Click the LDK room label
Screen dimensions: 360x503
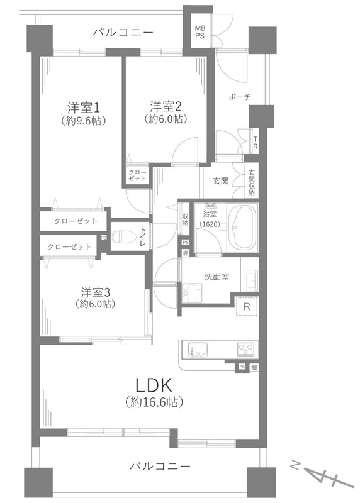pyautogui.click(x=154, y=385)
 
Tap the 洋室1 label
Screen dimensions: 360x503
pyautogui.click(x=83, y=108)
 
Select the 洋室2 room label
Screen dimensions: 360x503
pyautogui.click(x=166, y=106)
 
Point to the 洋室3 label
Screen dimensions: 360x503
pyautogui.click(x=96, y=292)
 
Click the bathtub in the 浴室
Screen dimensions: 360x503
pyautogui.click(x=242, y=227)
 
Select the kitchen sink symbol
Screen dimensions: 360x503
pyautogui.click(x=197, y=350)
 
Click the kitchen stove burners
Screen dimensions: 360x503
pyautogui.click(x=247, y=350)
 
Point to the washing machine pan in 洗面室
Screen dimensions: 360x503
pyautogui.click(x=192, y=292)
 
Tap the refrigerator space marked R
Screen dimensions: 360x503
pyautogui.click(x=247, y=306)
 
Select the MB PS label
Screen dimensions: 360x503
pyautogui.click(x=200, y=33)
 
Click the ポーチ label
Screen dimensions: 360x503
pyautogui.click(x=240, y=97)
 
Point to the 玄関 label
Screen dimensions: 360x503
pyautogui.click(x=221, y=181)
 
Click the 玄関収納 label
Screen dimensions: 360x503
pyautogui.click(x=251, y=182)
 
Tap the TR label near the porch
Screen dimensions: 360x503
pyautogui.click(x=256, y=143)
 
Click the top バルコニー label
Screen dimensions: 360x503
pyautogui.click(x=123, y=33)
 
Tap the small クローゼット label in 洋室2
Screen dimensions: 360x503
pyautogui.click(x=137, y=175)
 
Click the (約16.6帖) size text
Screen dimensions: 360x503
pyautogui.click(x=154, y=402)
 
